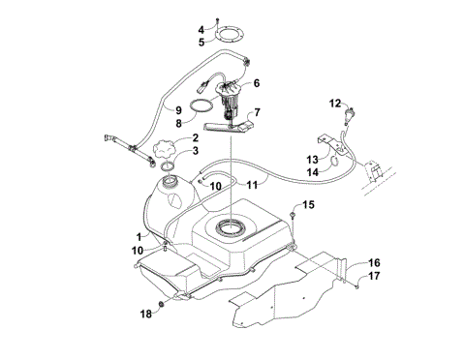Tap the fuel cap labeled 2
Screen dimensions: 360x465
point(162,152)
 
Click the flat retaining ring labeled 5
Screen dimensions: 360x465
point(228,42)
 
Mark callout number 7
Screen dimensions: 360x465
point(257,114)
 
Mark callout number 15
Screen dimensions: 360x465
point(309,205)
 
